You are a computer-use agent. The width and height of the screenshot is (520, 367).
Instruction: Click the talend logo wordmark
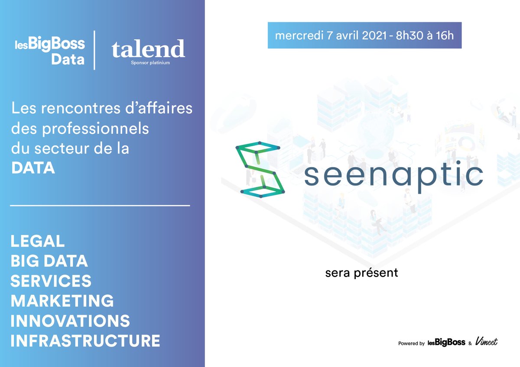point(148,49)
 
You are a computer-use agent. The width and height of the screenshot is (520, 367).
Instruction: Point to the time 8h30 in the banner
point(413,35)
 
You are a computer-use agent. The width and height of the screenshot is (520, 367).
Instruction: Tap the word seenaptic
point(393,175)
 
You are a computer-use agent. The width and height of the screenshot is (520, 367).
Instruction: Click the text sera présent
point(361,274)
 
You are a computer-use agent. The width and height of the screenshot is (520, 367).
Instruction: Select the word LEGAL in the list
point(37,241)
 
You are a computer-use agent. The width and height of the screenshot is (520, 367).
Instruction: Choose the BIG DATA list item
point(49,261)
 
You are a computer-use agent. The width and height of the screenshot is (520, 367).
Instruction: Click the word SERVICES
point(51,281)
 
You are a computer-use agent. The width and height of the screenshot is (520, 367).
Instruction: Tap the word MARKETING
point(62,301)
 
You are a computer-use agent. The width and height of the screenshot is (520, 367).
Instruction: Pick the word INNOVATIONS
point(70,321)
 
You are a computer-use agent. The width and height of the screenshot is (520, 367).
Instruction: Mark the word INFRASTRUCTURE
point(85,341)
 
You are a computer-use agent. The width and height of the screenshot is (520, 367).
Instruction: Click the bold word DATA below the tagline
point(33,168)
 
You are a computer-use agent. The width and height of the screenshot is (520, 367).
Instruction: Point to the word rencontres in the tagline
point(76,109)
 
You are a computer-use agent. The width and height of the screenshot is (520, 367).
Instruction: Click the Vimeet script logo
point(486,342)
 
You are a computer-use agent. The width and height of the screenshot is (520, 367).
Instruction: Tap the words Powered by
point(411,343)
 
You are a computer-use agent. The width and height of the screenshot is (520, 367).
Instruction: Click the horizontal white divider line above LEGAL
point(100,205)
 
